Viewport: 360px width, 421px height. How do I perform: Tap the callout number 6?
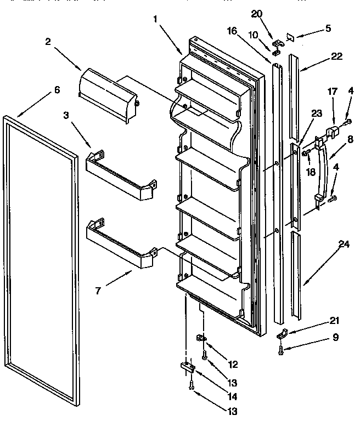pos(57,91)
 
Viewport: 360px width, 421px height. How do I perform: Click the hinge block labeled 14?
pos(187,367)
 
